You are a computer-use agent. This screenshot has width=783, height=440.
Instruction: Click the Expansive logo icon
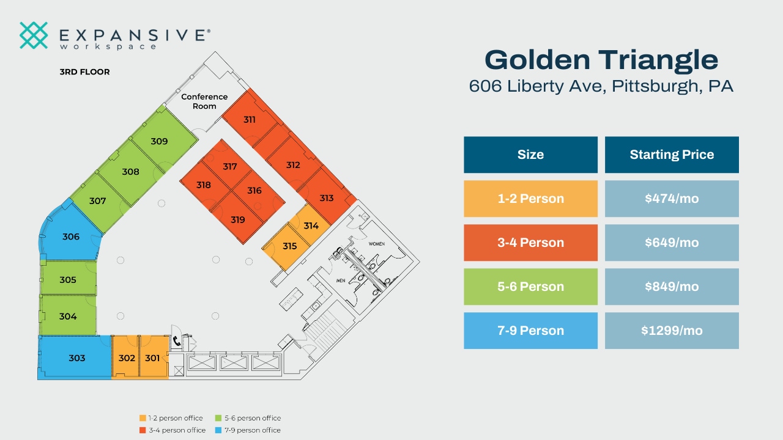(x=34, y=35)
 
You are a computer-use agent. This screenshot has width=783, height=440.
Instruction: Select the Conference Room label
(x=204, y=101)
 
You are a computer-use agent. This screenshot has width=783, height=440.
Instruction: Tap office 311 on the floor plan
(x=249, y=120)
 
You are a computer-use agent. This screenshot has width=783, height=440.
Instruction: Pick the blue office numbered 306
(x=71, y=237)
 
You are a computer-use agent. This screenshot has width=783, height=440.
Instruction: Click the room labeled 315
(x=289, y=246)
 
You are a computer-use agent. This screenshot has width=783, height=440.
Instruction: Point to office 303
(x=76, y=358)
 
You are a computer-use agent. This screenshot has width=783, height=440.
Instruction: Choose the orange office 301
(x=152, y=358)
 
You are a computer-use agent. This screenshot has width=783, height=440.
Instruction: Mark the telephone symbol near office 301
(x=177, y=342)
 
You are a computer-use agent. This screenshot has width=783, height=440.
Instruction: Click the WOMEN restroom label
(x=376, y=244)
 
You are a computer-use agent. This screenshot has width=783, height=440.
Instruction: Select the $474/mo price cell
(x=672, y=199)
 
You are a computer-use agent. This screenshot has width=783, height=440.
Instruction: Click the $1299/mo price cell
(x=672, y=331)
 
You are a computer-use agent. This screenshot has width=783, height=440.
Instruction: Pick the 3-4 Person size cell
(x=530, y=243)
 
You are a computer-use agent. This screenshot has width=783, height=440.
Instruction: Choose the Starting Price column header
(x=672, y=155)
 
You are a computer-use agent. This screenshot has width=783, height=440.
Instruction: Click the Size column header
(x=530, y=155)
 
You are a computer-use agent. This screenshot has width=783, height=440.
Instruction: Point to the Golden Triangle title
(x=601, y=60)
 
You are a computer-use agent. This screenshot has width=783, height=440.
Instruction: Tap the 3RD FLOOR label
(x=84, y=72)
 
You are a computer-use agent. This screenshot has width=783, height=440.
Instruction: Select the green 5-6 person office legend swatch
(x=218, y=418)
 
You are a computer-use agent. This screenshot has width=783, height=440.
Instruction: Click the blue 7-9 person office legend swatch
(x=218, y=430)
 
